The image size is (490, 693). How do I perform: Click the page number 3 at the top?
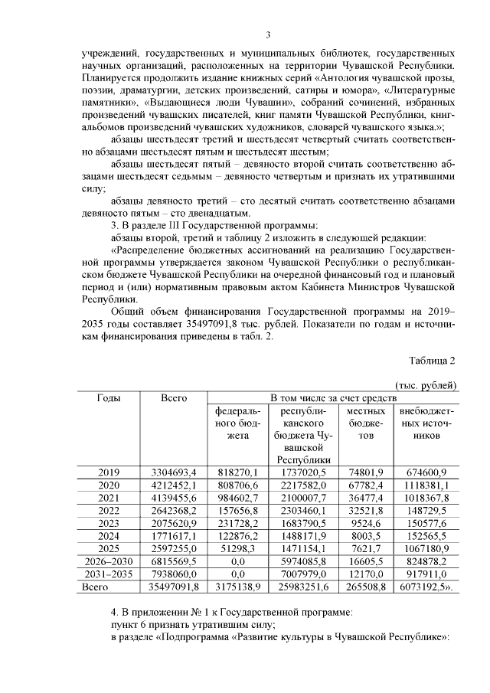click(x=268, y=34)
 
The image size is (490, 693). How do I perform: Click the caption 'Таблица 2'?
click(x=433, y=361)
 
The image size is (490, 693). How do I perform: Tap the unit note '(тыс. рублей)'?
click(x=426, y=385)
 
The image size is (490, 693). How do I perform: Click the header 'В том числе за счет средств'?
click(x=332, y=398)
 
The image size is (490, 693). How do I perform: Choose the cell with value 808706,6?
click(x=238, y=486)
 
